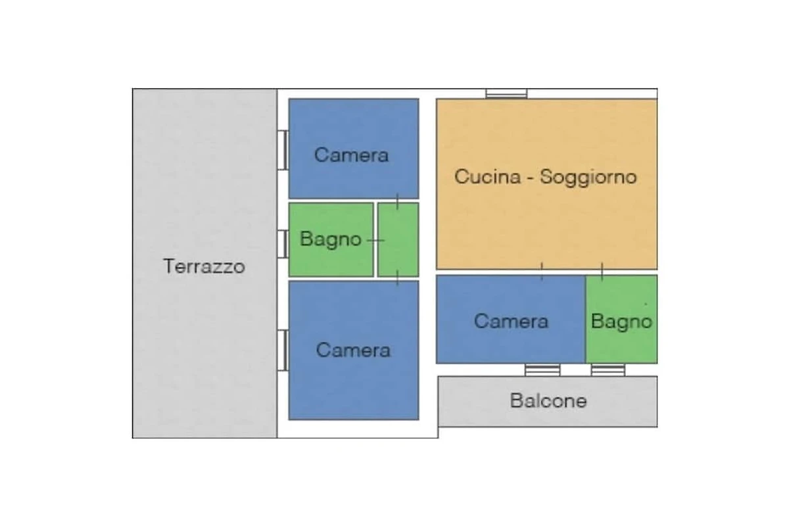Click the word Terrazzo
[x=204, y=266]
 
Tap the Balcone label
[x=548, y=400]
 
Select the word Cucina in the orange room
[x=487, y=176]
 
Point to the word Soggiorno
[x=588, y=178]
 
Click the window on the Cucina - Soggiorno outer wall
[x=506, y=94]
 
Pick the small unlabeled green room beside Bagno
[x=398, y=239]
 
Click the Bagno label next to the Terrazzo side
[x=330, y=239]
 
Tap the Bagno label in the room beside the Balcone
[x=621, y=322]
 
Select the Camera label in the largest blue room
[x=353, y=350]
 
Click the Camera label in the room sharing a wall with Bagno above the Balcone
[x=511, y=322]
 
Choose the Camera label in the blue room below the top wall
[x=351, y=155]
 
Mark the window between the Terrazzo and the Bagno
[x=283, y=244]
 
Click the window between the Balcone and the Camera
[x=542, y=370]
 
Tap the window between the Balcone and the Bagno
[x=608, y=370]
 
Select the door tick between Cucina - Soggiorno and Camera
[x=542, y=272]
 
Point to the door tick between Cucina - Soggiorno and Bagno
[x=602, y=272]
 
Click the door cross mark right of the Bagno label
[x=376, y=241]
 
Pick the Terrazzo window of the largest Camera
[x=283, y=350]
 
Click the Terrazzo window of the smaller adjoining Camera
[x=283, y=150]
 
